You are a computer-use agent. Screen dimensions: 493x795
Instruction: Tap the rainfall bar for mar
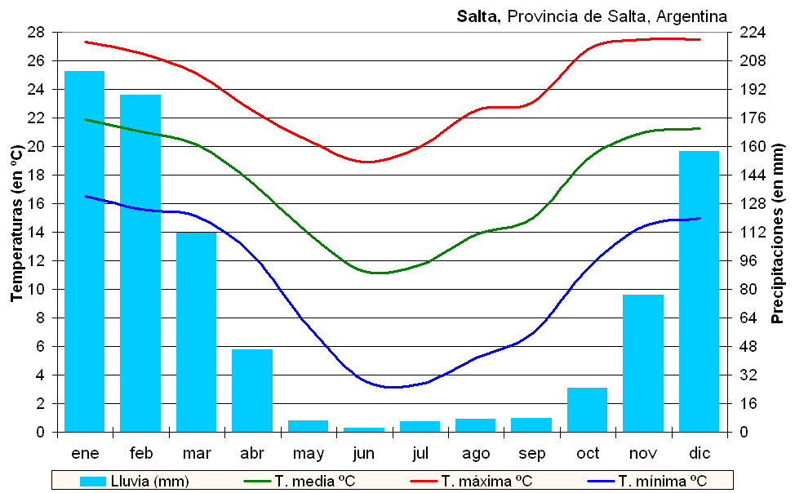[197, 331]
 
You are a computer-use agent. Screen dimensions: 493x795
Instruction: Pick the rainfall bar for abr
[252, 390]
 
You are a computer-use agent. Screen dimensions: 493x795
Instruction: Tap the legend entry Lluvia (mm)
[135, 481]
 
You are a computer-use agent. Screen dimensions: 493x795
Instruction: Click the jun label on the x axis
[364, 453]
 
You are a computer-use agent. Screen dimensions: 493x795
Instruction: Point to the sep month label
[531, 453]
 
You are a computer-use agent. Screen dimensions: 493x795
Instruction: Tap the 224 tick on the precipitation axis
[751, 33]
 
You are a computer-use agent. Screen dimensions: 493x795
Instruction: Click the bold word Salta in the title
[480, 16]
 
